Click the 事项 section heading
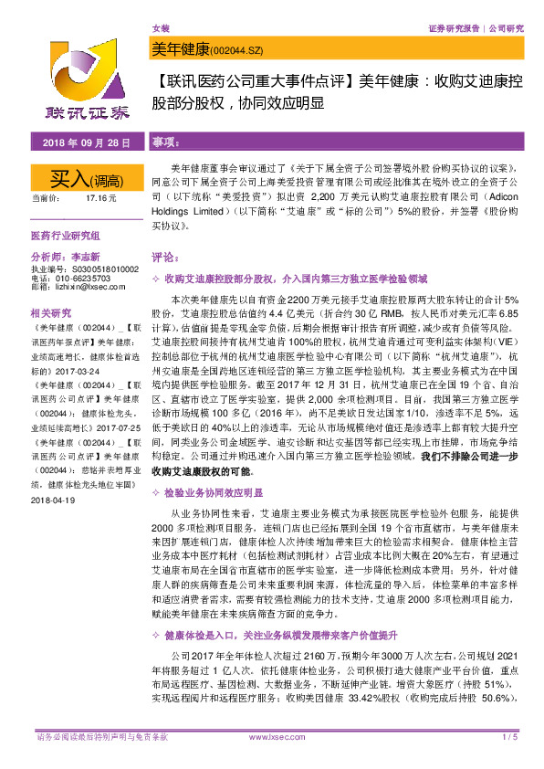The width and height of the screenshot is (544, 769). [x=165, y=143]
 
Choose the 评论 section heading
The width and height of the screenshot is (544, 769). [x=165, y=258]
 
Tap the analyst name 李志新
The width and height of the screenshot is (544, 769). [x=83, y=258]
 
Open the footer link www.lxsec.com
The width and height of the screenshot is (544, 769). [x=272, y=737]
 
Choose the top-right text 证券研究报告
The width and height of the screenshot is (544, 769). [x=455, y=29]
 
